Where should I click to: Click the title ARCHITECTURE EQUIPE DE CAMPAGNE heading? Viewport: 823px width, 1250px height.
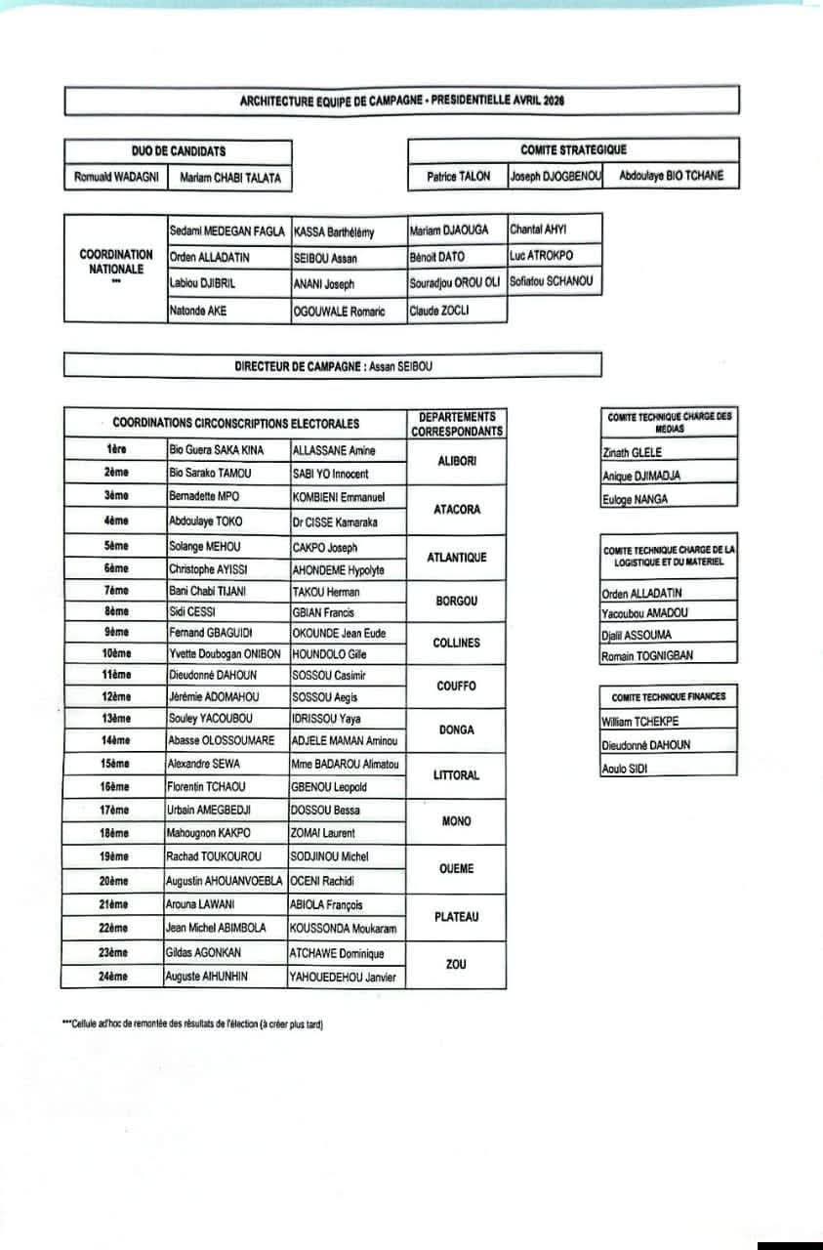(x=402, y=101)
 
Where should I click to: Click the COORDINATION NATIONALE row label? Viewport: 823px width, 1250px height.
(x=116, y=261)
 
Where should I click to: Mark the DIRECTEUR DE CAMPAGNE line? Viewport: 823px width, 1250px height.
(x=333, y=366)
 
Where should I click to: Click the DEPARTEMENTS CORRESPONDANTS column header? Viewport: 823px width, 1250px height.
(x=456, y=424)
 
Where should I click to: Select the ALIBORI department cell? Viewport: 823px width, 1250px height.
(x=456, y=461)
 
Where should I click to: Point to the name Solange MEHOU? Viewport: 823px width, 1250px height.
(x=204, y=547)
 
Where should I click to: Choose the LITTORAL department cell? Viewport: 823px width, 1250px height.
(x=456, y=774)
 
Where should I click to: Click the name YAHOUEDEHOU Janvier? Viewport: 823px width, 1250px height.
(x=346, y=977)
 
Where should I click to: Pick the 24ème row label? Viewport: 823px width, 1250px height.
(x=115, y=977)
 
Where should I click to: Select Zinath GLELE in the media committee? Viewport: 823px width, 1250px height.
(x=633, y=452)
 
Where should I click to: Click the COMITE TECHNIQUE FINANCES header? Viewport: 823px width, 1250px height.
(x=668, y=697)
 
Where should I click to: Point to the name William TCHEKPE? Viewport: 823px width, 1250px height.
(x=640, y=722)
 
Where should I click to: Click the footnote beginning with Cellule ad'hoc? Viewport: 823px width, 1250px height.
(x=191, y=1024)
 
